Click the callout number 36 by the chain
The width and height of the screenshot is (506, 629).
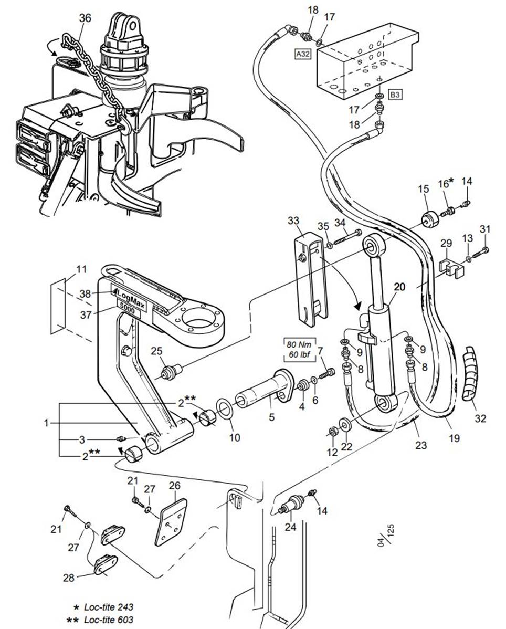(x=85, y=18)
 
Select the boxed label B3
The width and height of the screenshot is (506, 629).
(x=395, y=95)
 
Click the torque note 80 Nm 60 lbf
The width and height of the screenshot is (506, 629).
(x=298, y=351)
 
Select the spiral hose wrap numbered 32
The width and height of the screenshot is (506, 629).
(x=469, y=376)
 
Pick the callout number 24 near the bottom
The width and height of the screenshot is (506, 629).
(x=290, y=528)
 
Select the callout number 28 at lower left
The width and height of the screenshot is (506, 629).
(x=68, y=578)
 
